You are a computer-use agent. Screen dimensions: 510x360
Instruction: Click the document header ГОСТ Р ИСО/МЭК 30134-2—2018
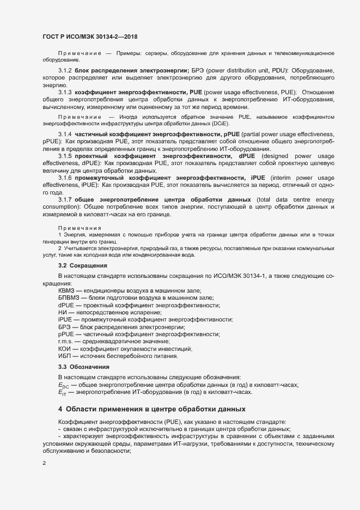click(x=89, y=37)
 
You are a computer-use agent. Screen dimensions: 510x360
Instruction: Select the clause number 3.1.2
click(x=65, y=71)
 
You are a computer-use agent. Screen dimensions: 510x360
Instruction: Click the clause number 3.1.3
click(x=65, y=93)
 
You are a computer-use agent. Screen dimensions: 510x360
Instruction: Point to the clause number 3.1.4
click(x=65, y=134)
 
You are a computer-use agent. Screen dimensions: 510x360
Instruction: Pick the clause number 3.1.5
click(x=65, y=156)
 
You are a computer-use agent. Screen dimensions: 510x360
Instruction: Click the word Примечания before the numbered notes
click(x=80, y=226)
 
